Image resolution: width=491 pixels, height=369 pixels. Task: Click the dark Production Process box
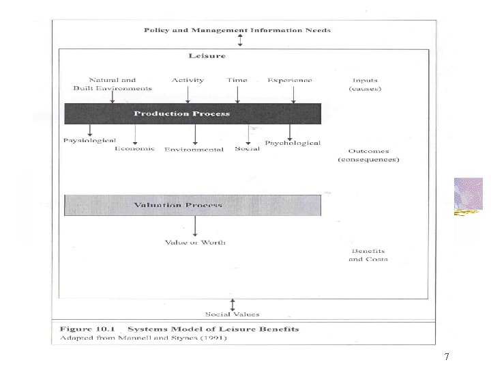pos(192,113)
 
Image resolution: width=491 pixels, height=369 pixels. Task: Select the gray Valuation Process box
pos(192,205)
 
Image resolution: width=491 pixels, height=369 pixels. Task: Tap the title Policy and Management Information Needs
pos(237,30)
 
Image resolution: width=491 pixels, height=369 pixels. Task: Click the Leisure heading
pos(207,56)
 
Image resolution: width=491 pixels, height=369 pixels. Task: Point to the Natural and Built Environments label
pos(113,84)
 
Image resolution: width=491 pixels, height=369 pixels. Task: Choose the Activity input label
pos(188,80)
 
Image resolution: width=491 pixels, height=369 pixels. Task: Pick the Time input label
pos(237,80)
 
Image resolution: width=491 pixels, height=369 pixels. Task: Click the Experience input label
pos(290,80)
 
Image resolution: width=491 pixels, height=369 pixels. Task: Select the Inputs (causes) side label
pos(365,84)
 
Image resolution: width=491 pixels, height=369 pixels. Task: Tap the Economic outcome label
pos(135,149)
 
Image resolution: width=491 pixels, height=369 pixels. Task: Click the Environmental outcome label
pos(194,150)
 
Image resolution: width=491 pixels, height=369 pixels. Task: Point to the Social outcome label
pos(248,149)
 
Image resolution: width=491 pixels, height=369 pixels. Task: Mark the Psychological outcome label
pos(293,143)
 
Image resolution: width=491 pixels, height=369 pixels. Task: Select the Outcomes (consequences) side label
pos(368,155)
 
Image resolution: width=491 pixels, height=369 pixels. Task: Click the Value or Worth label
pos(195,242)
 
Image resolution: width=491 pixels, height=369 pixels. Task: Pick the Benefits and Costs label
pos(368,255)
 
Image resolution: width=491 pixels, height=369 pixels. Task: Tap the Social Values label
pos(233,314)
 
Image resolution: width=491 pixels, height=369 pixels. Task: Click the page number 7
pos(446,356)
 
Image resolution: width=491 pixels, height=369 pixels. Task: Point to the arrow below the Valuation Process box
pos(196,226)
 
